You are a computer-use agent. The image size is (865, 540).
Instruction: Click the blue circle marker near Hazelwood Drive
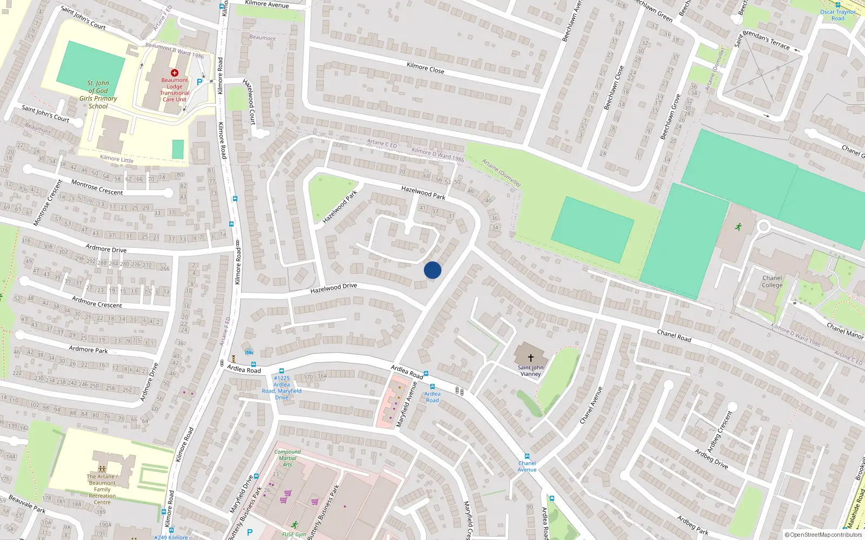pyautogui.click(x=432, y=270)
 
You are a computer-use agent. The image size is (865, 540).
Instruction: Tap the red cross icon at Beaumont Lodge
pyautogui.click(x=174, y=72)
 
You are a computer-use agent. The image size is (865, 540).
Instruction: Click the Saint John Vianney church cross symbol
pyautogui.click(x=531, y=357)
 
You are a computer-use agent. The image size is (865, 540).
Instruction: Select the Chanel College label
pyautogui.click(x=772, y=281)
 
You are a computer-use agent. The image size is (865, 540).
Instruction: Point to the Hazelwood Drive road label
pyautogui.click(x=334, y=288)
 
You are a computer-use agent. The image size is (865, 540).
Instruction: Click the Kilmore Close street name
pyautogui.click(x=425, y=67)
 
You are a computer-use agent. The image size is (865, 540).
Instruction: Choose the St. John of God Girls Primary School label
pyautogui.click(x=98, y=94)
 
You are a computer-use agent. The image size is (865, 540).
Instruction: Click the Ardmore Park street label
pyautogui.click(x=88, y=349)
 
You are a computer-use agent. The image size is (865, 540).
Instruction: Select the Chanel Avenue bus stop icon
pyautogui.click(x=527, y=456)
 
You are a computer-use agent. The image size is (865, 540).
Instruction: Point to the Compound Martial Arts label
pyautogui.click(x=287, y=458)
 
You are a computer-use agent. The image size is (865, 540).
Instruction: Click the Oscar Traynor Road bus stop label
pyautogui.click(x=838, y=15)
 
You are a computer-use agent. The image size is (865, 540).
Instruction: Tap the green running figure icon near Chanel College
pyautogui.click(x=738, y=227)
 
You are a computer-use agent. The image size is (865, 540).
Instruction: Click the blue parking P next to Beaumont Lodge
pyautogui.click(x=199, y=82)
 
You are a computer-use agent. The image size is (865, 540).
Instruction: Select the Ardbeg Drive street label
pyautogui.click(x=711, y=458)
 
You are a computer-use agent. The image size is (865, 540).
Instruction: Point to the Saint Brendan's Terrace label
pyautogui.click(x=762, y=40)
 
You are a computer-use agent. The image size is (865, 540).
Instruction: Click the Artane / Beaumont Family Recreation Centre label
pyautogui.click(x=102, y=489)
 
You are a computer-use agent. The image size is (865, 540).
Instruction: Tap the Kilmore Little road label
pyautogui.click(x=117, y=159)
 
